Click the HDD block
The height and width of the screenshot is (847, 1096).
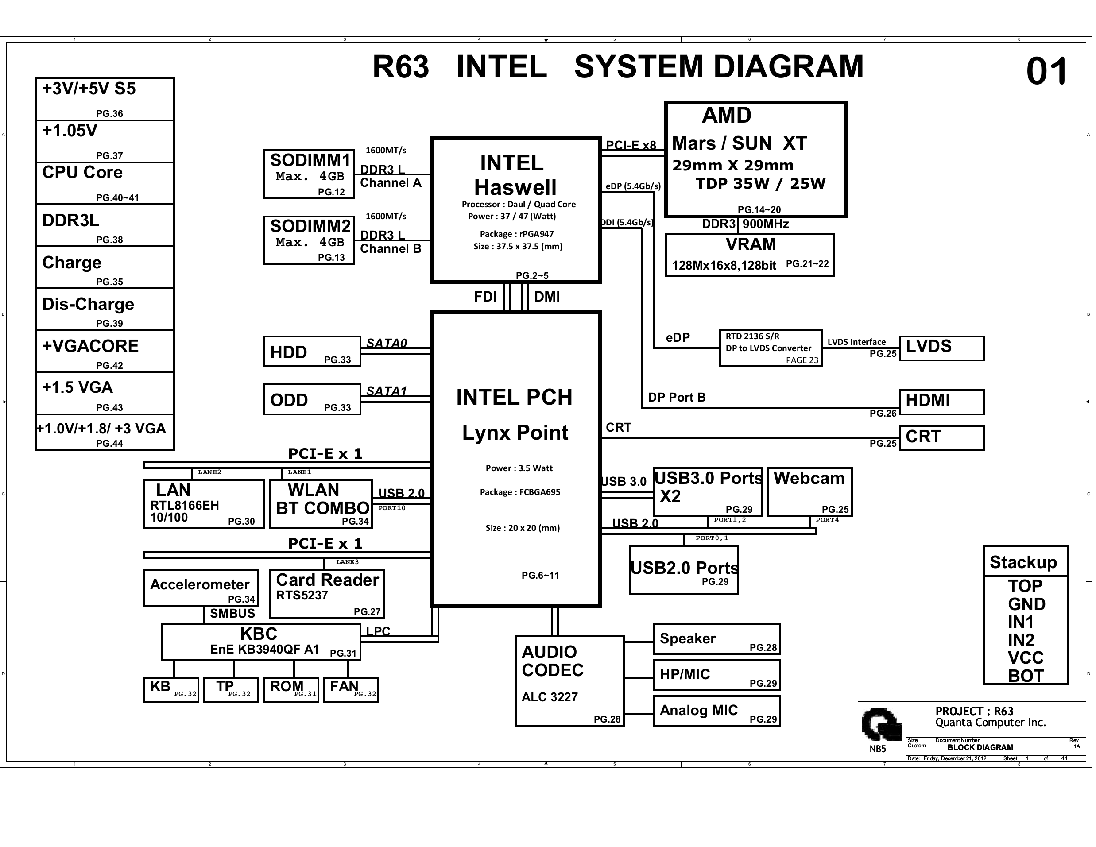tap(312, 351)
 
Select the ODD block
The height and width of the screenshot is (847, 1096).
tap(312, 399)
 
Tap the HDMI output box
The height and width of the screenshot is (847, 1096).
tap(941, 402)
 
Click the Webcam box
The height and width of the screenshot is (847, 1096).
tap(809, 492)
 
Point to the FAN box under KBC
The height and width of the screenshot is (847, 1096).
tap(350, 690)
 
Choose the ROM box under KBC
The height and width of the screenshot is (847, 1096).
tap(291, 690)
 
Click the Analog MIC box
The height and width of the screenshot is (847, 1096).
tap(716, 711)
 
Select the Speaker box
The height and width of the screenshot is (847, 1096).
tap(716, 639)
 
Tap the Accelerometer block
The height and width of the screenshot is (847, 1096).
tap(201, 588)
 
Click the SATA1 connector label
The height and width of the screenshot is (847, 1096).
tap(386, 391)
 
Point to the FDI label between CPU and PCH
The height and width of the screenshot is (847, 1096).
tap(485, 297)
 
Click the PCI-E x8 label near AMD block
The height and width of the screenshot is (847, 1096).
tap(630, 145)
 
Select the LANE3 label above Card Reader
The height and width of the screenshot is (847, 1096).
tap(347, 562)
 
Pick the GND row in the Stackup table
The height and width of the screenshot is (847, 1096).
tap(1026, 603)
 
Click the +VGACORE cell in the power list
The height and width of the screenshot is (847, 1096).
tap(105, 351)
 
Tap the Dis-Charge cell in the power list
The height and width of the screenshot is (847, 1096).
tap(105, 309)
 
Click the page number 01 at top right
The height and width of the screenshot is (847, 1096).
tap(1046, 71)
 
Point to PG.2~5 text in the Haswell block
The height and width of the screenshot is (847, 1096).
tap(532, 275)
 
